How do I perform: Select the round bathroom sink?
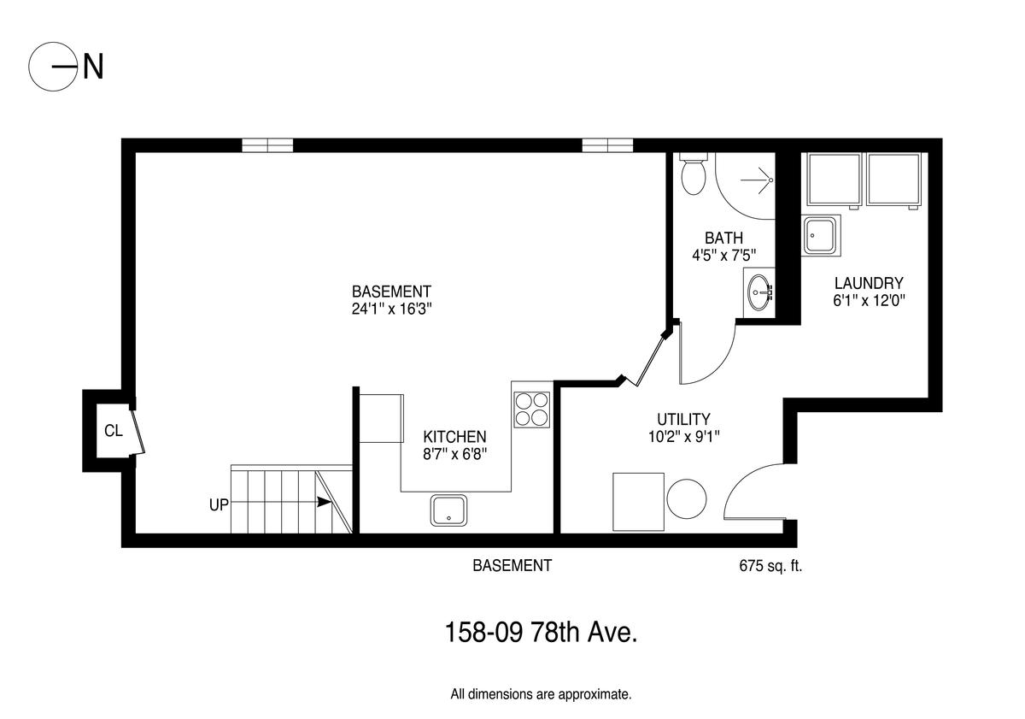760,292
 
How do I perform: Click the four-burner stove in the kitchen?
531,410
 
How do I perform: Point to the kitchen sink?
449,510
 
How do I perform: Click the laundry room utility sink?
821,235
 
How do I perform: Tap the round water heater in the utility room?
687,498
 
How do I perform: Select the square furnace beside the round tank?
638,502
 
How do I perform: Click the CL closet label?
114,431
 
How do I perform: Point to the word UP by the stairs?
219,504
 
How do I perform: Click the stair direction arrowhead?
324,502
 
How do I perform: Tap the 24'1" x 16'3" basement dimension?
392,309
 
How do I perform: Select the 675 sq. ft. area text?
770,566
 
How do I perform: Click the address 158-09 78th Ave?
541,633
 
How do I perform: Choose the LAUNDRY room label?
869,283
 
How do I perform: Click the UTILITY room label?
683,419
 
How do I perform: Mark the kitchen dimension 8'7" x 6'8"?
454,454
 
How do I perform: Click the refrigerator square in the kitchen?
381,418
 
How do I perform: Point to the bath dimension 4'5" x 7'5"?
723,255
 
